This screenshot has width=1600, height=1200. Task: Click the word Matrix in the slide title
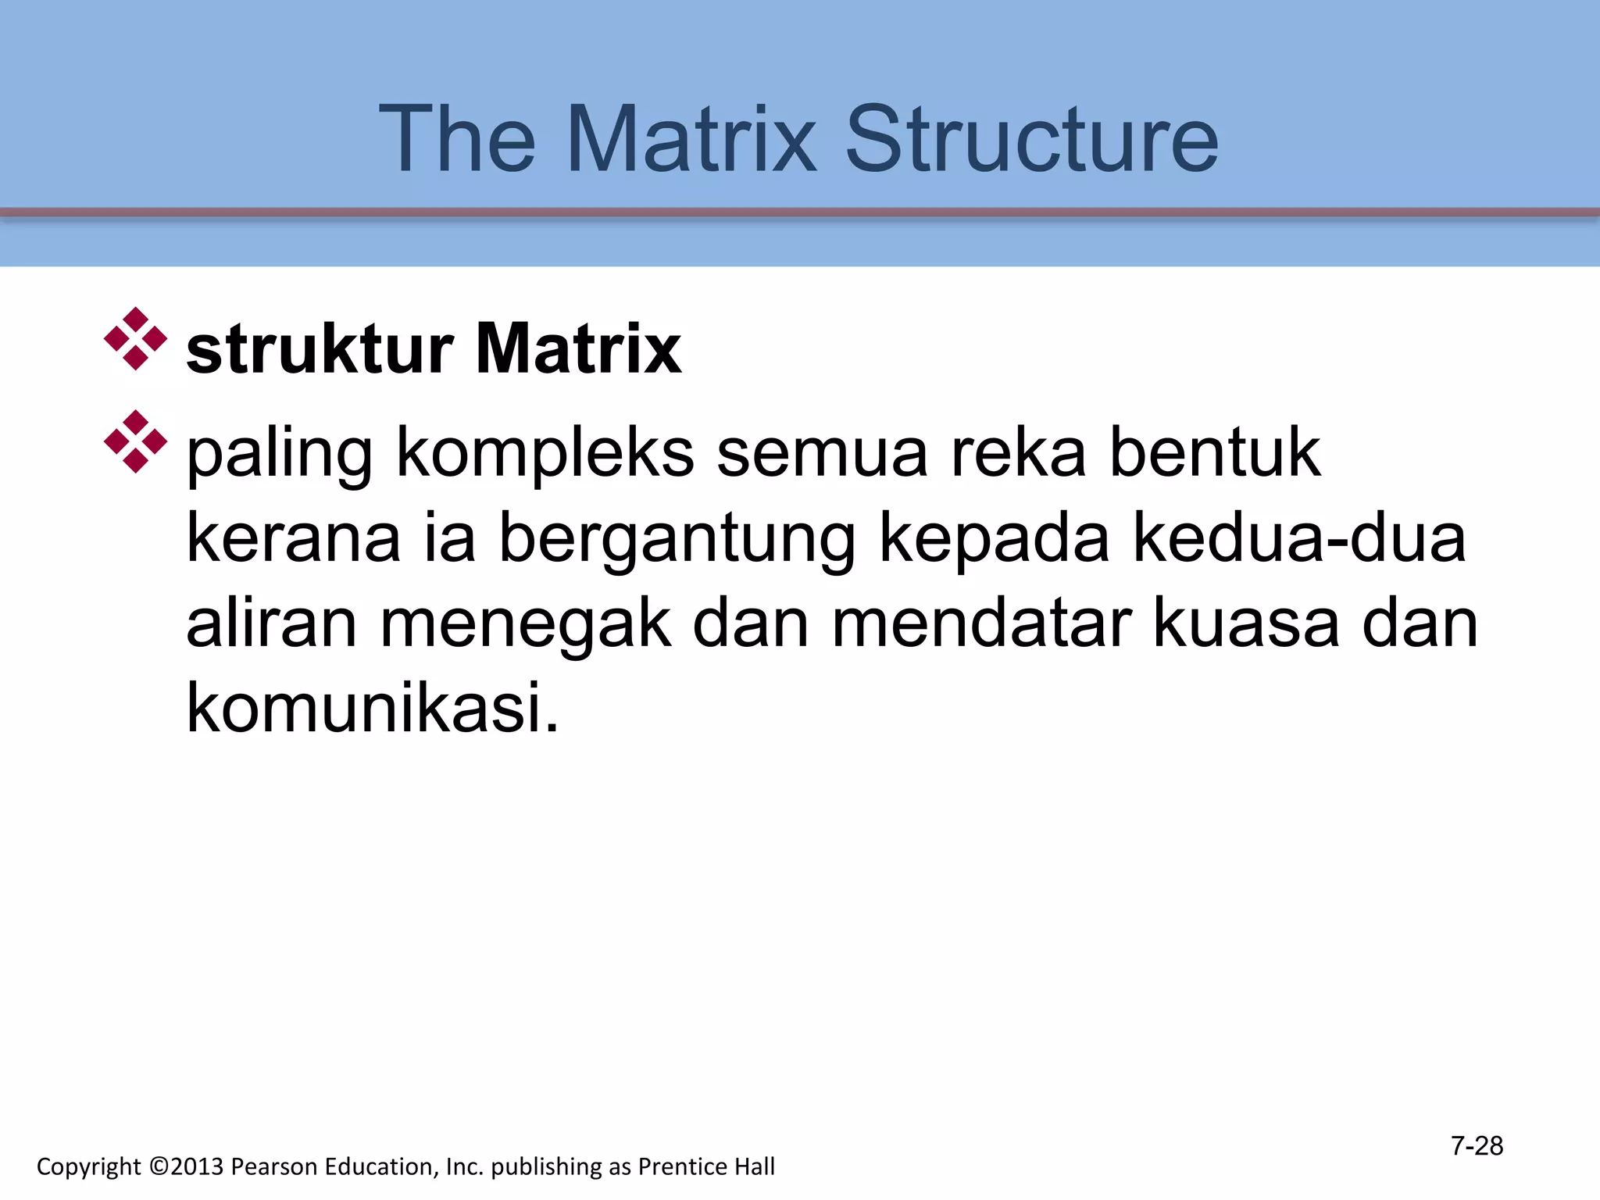[x=691, y=141]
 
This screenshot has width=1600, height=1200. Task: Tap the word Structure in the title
[x=1031, y=141]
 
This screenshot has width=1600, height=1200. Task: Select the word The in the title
[x=457, y=141]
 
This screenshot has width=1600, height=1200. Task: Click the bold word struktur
[x=320, y=349]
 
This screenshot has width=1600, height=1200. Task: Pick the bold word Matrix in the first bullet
[x=578, y=349]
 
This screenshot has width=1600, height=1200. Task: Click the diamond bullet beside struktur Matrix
[x=135, y=339]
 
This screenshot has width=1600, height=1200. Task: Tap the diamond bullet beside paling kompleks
[x=135, y=441]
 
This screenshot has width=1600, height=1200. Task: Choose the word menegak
[x=526, y=625]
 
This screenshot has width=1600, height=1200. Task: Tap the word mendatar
[x=981, y=625]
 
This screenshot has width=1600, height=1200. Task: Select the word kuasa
[x=1246, y=625]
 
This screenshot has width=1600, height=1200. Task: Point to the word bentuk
[x=1215, y=453]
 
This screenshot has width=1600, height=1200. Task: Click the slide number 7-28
[x=1477, y=1146]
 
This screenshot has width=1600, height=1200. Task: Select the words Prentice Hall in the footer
[x=706, y=1166]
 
